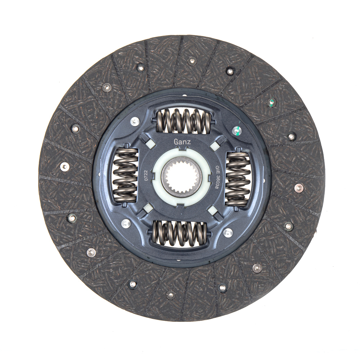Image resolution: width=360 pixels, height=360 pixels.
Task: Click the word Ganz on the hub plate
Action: pyautogui.click(x=182, y=142)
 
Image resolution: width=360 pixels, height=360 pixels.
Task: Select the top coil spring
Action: pyautogui.click(x=184, y=121)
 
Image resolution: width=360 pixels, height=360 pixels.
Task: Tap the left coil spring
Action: pyautogui.click(x=126, y=175)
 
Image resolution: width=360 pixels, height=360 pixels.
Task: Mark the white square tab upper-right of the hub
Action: pyautogui.click(x=215, y=145)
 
